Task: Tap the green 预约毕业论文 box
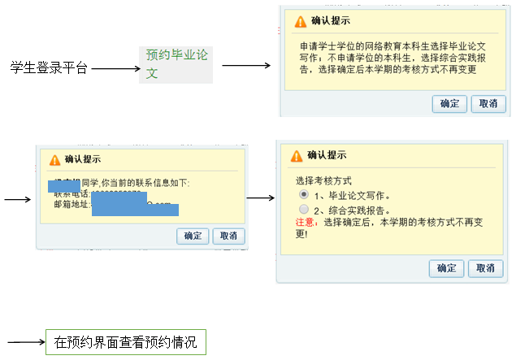tap(176, 64)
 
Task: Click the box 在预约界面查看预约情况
tap(125, 341)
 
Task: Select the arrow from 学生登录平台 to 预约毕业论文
tap(116, 69)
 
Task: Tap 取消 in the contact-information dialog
tap(228, 236)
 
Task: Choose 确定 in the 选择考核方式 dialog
tap(447, 268)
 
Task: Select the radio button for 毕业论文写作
tap(303, 195)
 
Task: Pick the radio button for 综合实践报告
tap(303, 209)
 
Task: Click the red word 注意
tap(308, 221)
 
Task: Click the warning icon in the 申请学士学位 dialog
tap(301, 21)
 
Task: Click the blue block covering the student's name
tap(64, 186)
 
